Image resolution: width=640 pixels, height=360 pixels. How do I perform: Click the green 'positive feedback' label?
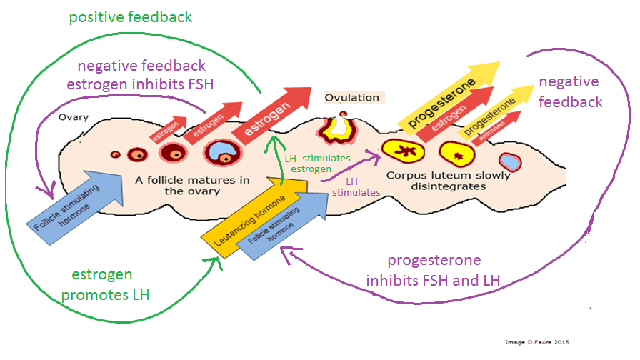coord(130,16)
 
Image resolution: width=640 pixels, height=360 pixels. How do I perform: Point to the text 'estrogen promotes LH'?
coord(111,285)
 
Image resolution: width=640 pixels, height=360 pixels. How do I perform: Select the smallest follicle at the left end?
coord(114,154)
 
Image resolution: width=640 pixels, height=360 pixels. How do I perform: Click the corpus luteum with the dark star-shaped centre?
coord(401,151)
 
